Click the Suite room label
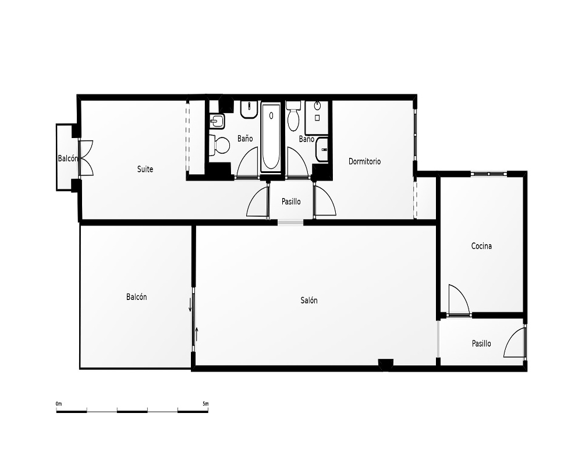tap(145, 169)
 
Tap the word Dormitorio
tap(364, 161)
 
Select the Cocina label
tap(481, 246)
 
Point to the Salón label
tap(309, 300)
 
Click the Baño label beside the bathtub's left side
tap(245, 138)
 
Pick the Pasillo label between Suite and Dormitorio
tap(291, 202)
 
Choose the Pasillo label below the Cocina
tap(481, 343)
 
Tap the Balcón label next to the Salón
tap(137, 297)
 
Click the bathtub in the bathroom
tap(271, 138)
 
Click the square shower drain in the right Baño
tap(317, 118)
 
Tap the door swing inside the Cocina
tap(459, 300)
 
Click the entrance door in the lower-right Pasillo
tap(514, 341)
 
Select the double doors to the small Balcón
tap(86, 158)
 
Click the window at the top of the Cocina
tap(488, 174)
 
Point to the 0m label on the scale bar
tap(59, 404)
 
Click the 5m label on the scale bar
tap(205, 404)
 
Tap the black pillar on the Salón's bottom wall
tap(386, 364)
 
